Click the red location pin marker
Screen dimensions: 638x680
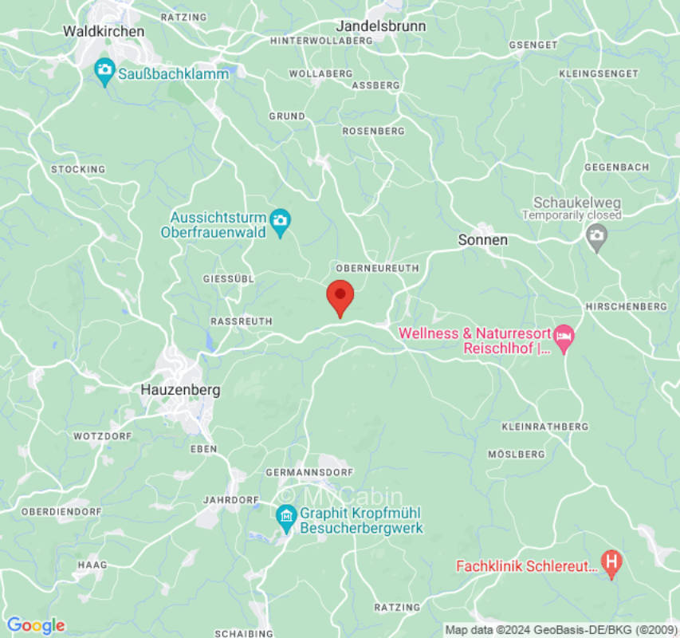[340, 297]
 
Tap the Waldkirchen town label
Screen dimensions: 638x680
[104, 31]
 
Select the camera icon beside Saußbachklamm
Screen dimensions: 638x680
[104, 73]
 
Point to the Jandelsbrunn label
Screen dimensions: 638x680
[380, 26]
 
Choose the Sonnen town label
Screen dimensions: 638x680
[482, 239]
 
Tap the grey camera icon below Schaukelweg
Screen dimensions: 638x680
[595, 235]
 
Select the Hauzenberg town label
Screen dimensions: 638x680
[179, 390]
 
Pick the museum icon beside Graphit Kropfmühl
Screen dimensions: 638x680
[286, 519]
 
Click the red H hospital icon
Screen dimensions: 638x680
[611, 565]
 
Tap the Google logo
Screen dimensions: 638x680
[35, 625]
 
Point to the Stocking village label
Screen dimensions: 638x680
[78, 169]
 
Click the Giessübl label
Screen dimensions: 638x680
[228, 279]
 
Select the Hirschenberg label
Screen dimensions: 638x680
[626, 306]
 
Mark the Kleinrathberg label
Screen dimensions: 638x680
[544, 427]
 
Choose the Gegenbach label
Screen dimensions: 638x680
[616, 167]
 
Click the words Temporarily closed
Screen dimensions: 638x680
[572, 215]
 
